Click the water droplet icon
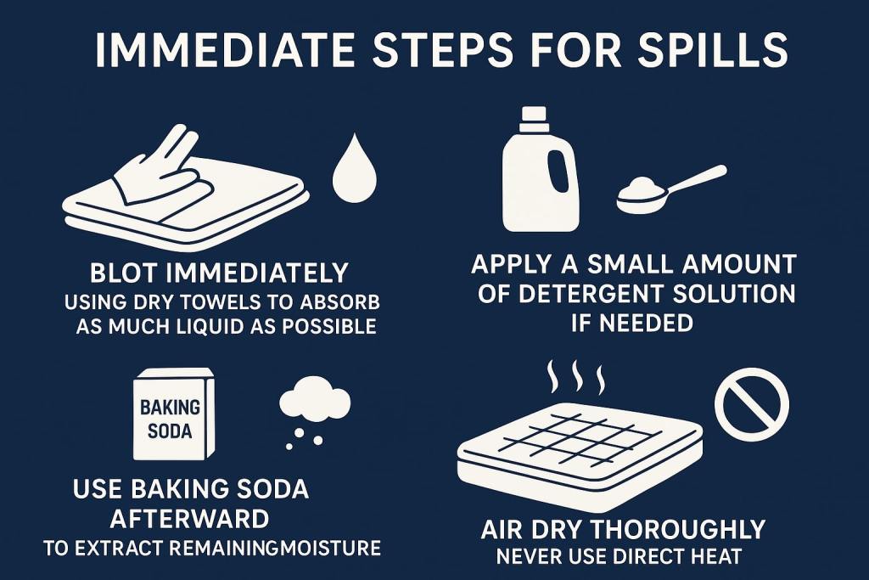click(x=354, y=168)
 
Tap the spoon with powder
click(x=670, y=189)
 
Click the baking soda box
click(x=173, y=414)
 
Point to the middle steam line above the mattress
click(x=577, y=376)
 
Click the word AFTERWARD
click(x=189, y=519)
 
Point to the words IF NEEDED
click(x=632, y=323)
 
